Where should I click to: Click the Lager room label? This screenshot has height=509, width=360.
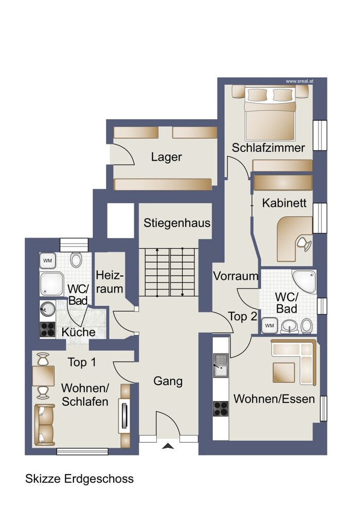(x=166, y=157)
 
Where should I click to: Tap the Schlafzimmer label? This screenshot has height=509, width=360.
(x=268, y=148)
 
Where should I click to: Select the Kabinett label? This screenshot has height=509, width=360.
(x=284, y=203)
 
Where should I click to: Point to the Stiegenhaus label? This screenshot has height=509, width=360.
(x=177, y=223)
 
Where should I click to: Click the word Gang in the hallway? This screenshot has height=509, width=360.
(x=168, y=381)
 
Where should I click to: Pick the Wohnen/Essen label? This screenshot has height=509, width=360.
(x=274, y=398)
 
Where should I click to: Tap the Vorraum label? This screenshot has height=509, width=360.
(x=236, y=276)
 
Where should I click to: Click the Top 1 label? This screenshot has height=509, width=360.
(x=82, y=362)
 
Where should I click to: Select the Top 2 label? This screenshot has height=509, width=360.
(x=243, y=316)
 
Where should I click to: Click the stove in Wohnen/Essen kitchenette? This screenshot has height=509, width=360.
(x=221, y=409)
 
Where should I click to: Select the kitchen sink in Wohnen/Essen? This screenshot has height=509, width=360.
(x=221, y=365)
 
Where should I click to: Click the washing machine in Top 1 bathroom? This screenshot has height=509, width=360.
(x=48, y=260)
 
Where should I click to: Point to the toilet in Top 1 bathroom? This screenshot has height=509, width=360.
(x=76, y=260)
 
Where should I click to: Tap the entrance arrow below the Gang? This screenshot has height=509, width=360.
(x=168, y=447)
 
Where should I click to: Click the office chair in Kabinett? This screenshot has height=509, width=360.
(x=304, y=243)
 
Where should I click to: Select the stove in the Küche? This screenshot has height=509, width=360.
(x=47, y=330)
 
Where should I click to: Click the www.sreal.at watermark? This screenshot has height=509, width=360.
(x=299, y=81)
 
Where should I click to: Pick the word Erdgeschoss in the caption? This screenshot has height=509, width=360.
(x=99, y=479)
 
